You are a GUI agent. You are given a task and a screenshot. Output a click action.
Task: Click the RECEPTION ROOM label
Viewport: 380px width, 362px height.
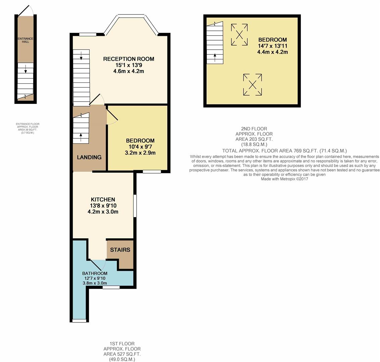129,59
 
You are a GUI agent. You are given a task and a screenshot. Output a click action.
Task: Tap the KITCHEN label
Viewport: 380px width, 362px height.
103,199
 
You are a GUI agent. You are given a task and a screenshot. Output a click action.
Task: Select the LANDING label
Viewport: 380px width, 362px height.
89,157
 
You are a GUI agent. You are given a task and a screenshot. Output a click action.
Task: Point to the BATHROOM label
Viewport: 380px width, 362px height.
95,273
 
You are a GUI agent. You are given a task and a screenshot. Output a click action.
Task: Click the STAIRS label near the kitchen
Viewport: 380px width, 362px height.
120,250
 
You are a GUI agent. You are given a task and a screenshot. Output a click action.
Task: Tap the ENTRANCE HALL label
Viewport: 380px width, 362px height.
26,40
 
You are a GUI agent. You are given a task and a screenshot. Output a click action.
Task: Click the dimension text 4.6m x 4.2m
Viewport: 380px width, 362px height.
129,71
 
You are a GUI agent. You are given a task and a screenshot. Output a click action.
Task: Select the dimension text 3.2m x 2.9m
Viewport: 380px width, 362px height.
140,153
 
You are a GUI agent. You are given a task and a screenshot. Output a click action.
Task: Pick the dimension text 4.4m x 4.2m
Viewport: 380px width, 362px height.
273,52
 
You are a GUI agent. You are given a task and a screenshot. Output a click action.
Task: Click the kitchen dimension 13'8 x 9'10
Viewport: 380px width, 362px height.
103,206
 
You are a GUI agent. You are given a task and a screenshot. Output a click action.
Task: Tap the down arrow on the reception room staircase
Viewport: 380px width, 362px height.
81,56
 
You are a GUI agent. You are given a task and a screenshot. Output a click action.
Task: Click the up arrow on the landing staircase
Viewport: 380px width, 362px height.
81,137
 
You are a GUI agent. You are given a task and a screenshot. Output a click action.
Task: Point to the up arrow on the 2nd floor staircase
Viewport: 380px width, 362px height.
215,58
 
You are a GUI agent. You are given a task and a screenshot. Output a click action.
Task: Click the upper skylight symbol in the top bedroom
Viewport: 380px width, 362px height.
239,35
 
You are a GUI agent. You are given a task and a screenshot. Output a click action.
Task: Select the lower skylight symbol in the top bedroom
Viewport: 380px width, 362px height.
252,85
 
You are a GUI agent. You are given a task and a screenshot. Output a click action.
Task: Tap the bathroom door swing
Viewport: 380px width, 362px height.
98,265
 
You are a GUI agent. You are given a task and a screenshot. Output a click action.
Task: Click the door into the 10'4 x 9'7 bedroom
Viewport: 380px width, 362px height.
112,116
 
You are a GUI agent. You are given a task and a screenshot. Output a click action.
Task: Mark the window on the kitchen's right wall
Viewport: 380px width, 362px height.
135,206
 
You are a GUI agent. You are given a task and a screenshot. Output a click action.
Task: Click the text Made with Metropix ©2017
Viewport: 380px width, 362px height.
284,179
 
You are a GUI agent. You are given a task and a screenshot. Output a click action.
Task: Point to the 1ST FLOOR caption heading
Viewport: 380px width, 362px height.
122,344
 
